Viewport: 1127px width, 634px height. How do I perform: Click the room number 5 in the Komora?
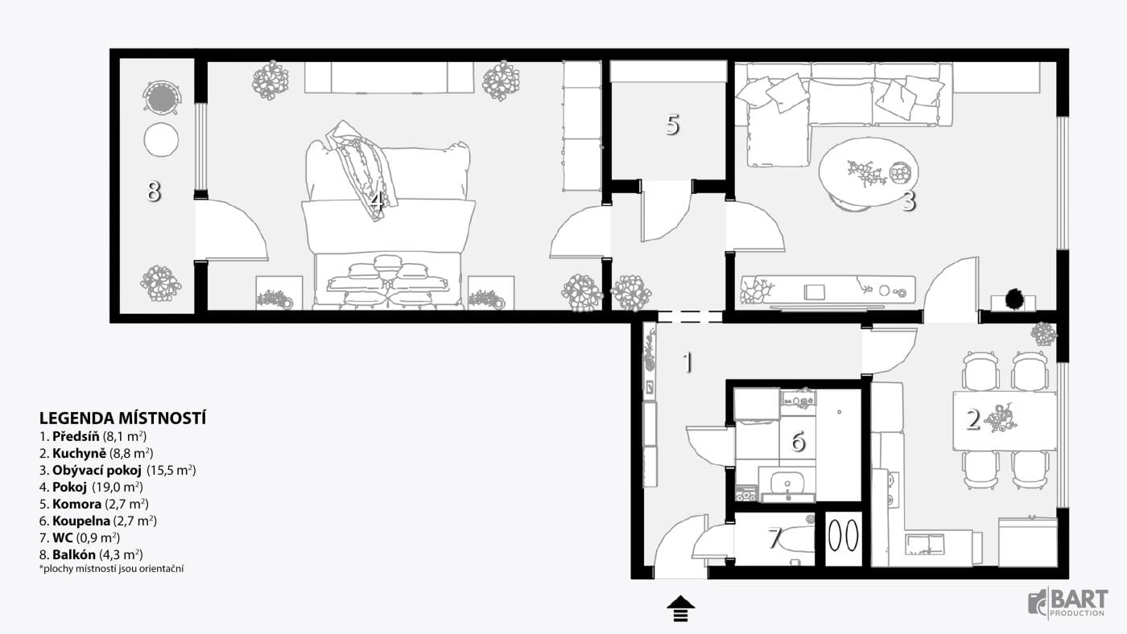coord(673,124)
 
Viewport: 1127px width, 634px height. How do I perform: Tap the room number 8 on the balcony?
coord(154,191)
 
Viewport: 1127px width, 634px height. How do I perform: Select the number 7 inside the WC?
coord(775,537)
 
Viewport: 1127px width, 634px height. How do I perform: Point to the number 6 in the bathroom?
coord(798,441)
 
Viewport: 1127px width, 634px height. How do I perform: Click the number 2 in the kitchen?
coord(973,419)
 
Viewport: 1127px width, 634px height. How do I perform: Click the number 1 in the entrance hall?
coord(687,362)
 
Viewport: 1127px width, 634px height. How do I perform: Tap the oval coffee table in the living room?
coord(869,171)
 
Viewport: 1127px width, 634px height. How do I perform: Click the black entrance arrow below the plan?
coord(681,609)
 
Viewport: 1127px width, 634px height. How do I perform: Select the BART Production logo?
coord(1068,602)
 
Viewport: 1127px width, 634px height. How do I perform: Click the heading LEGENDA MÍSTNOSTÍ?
coord(122,418)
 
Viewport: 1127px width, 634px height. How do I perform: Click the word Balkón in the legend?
coord(74,554)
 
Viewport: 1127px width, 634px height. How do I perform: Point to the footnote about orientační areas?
coord(111,569)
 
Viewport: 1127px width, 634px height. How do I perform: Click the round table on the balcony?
coord(161,140)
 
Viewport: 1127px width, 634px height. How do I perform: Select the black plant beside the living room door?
coord(1013,299)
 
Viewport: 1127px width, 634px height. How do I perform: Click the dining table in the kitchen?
coord(1005,421)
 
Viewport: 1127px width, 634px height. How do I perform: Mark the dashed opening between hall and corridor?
coord(690,316)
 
